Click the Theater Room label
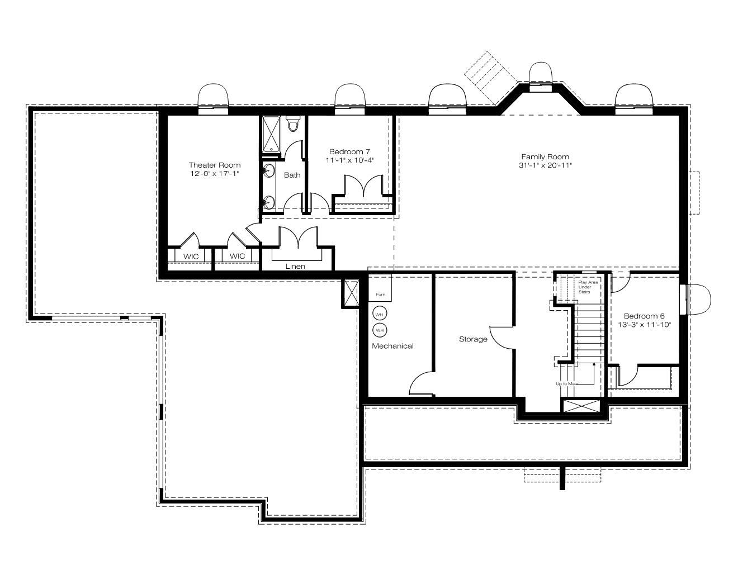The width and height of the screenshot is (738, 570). click(x=215, y=165)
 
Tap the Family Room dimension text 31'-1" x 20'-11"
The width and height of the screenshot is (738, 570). click(x=545, y=165)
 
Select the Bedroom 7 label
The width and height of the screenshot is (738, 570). click(x=349, y=151)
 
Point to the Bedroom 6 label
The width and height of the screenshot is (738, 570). click(x=644, y=316)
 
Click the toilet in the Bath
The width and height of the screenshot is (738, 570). click(x=292, y=123)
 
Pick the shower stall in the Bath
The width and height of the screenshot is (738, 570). click(x=271, y=135)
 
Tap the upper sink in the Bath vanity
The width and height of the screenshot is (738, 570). click(x=268, y=170)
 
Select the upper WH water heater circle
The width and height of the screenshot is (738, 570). click(x=380, y=315)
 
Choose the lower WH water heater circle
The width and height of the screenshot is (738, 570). click(x=380, y=330)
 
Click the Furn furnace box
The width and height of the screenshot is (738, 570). click(x=380, y=288)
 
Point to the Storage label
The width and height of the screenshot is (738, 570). click(x=473, y=339)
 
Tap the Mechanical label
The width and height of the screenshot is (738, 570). click(x=392, y=346)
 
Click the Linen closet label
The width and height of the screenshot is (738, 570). click(x=295, y=266)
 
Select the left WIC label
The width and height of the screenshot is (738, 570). click(x=191, y=256)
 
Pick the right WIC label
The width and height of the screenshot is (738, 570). click(x=237, y=256)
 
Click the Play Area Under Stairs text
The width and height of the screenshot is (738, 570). click(x=588, y=287)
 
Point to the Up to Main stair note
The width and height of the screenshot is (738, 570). click(x=567, y=383)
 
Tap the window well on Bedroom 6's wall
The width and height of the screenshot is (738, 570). click(x=698, y=300)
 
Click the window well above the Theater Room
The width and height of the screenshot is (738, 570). click(x=213, y=96)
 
